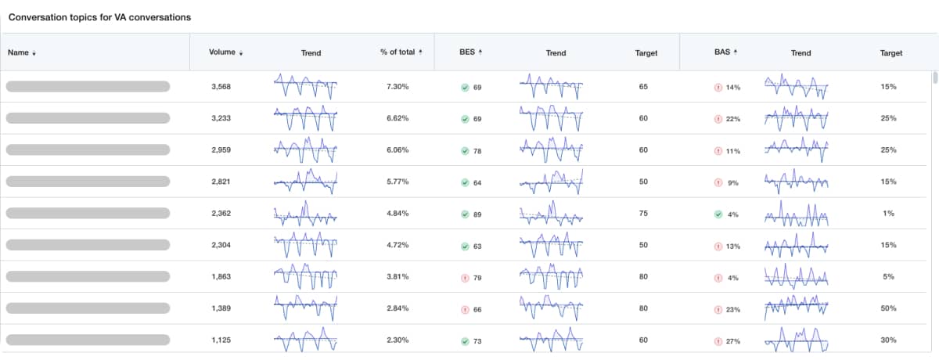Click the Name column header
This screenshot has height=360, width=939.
19,53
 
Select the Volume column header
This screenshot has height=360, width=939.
222,53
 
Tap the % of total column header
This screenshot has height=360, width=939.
398,53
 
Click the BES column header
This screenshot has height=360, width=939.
466,53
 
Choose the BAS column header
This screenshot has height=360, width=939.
721,53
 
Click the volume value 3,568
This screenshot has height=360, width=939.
221,87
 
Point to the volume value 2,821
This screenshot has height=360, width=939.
221,182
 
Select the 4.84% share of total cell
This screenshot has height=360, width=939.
398,214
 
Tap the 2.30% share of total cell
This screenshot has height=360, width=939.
398,340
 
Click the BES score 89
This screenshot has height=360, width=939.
477,214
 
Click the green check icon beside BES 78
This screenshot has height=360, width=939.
465,150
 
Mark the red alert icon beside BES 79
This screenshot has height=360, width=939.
465,277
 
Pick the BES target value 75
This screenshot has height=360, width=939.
643,214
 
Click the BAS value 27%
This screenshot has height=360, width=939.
733,340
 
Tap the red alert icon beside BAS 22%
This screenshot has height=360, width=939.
718,119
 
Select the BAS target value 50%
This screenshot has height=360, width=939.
888,308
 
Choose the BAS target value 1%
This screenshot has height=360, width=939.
888,214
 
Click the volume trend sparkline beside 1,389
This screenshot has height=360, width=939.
305,308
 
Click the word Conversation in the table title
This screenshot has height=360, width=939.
36,16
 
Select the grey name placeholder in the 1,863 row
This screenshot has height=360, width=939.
88,277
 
